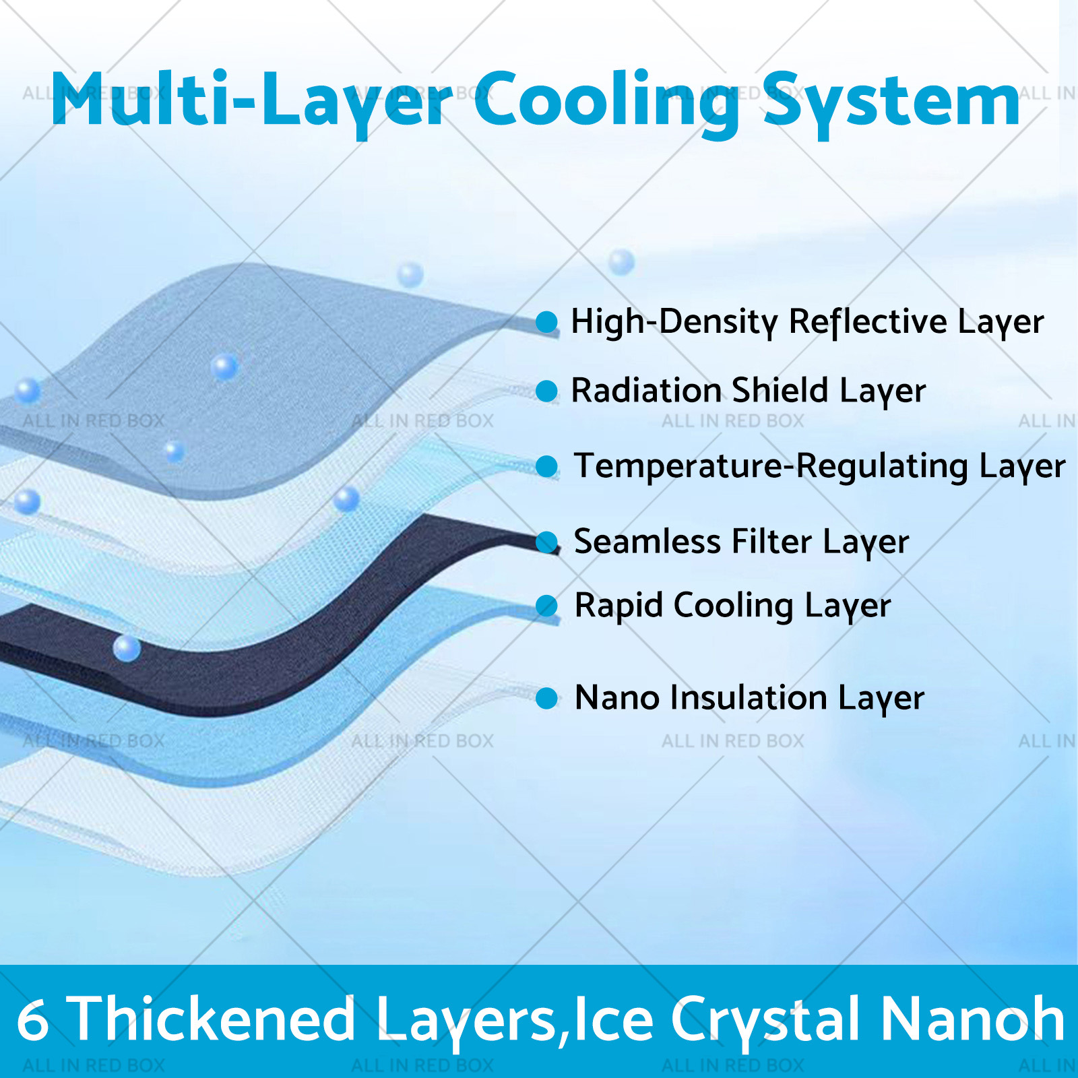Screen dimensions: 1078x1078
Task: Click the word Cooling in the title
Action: click(606, 101)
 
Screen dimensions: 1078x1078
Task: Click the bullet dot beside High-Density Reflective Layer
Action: click(546, 322)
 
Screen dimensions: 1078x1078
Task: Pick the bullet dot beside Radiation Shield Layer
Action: click(546, 391)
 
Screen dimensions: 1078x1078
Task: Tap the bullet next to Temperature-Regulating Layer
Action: click(546, 466)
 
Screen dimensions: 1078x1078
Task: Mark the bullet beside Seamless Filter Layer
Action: click(546, 542)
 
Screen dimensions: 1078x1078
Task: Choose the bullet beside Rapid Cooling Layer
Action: click(546, 606)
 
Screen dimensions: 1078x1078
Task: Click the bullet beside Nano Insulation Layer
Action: click(546, 698)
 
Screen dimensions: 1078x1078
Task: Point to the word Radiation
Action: click(647, 390)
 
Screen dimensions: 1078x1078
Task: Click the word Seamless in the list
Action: click(647, 541)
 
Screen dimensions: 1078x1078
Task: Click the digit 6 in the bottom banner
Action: click(32, 1020)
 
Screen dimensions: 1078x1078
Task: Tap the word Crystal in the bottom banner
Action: click(766, 1021)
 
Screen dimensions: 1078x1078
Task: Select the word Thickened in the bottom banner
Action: click(212, 1019)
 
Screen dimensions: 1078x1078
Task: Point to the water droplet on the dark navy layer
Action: click(127, 648)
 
